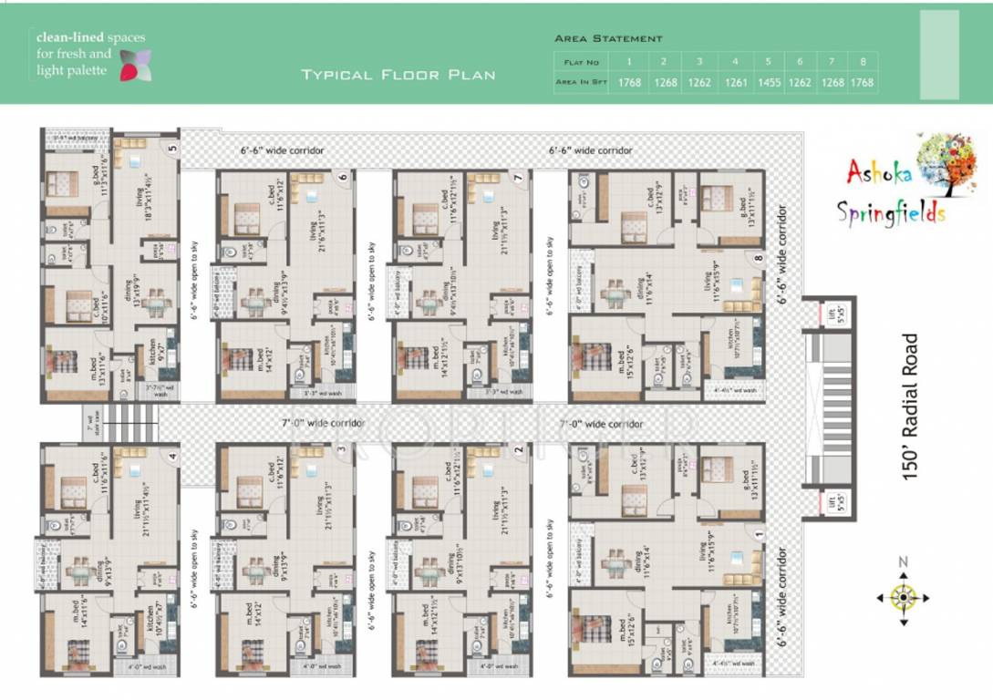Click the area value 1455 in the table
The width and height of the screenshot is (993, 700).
point(768,82)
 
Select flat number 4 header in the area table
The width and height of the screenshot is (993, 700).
point(734,62)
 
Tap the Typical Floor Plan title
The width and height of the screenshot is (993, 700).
point(398,74)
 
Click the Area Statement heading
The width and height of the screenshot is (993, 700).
point(608,38)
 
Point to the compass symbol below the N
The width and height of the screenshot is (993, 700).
point(903,599)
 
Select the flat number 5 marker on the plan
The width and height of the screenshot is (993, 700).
point(171,148)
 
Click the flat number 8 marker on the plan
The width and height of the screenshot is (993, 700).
point(758,259)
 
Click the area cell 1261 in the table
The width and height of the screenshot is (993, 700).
point(734,82)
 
